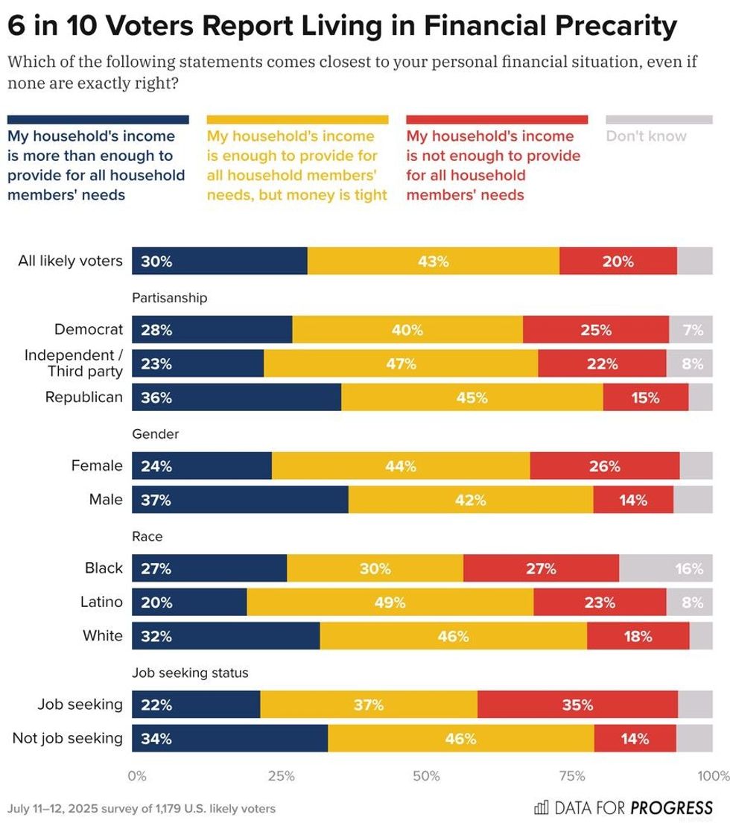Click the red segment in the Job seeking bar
(x=577, y=705)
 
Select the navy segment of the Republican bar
(x=236, y=398)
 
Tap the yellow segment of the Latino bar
(x=390, y=602)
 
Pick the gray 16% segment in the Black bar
(x=665, y=568)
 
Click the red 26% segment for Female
(x=604, y=466)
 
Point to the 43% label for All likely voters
(x=434, y=261)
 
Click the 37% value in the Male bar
(x=156, y=501)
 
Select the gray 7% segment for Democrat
(x=691, y=330)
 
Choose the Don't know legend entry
(x=646, y=136)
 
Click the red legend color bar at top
(x=497, y=119)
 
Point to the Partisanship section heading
(x=169, y=298)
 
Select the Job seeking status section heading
(x=190, y=673)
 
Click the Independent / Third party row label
(x=73, y=363)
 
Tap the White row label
(x=103, y=636)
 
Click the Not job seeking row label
(x=68, y=738)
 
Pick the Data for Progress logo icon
(x=542, y=807)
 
